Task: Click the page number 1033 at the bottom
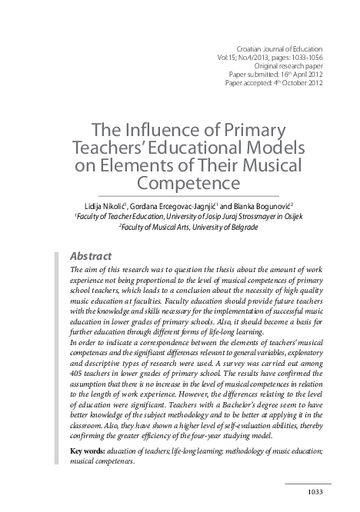(319, 493)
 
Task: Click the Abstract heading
(91, 256)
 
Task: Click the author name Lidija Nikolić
(105, 205)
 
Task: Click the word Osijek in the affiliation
(291, 217)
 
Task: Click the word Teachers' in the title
(127, 146)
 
